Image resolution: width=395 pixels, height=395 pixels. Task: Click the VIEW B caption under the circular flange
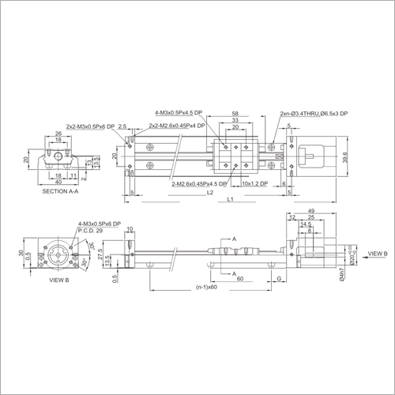(x=55, y=280)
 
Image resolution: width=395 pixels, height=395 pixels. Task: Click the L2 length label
(x=209, y=192)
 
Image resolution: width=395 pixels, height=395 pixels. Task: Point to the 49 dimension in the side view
(x=311, y=211)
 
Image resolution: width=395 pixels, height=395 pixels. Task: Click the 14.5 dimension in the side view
(x=305, y=224)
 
